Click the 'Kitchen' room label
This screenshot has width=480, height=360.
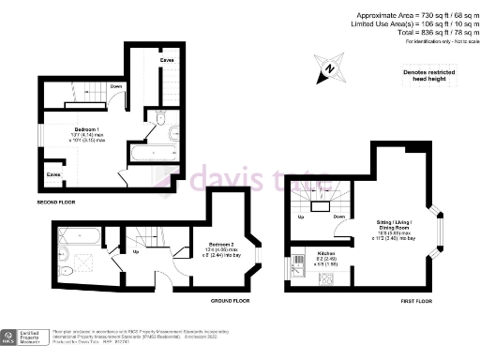click(x=325, y=253)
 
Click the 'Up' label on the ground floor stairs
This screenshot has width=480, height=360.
click(x=136, y=251)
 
